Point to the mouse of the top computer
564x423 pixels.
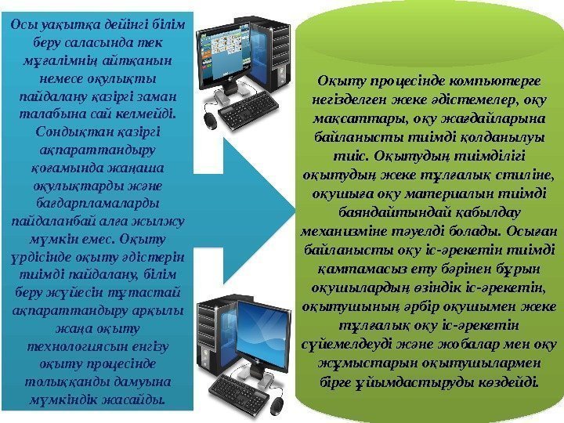point(209,120)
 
